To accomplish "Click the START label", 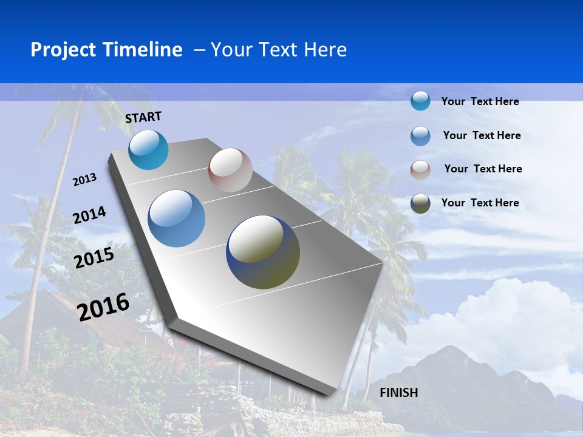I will click(x=143, y=117).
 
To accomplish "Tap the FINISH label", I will click(x=399, y=393).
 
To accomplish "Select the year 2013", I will click(x=84, y=179).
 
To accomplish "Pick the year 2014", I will click(x=89, y=215).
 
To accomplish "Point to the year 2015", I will click(x=94, y=258).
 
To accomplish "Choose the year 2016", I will click(x=103, y=307).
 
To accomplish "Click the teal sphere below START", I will click(x=148, y=149).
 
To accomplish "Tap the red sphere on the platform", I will click(x=230, y=170).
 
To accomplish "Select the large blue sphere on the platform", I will click(x=177, y=218).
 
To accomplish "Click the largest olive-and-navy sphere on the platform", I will click(x=263, y=252).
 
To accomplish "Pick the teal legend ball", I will click(x=420, y=101).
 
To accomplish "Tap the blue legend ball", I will click(x=420, y=135).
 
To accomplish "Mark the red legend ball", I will click(x=420, y=169).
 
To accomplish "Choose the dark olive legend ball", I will click(x=420, y=203).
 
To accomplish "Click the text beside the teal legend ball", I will click(x=480, y=101).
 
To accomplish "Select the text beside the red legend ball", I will click(x=483, y=169).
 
